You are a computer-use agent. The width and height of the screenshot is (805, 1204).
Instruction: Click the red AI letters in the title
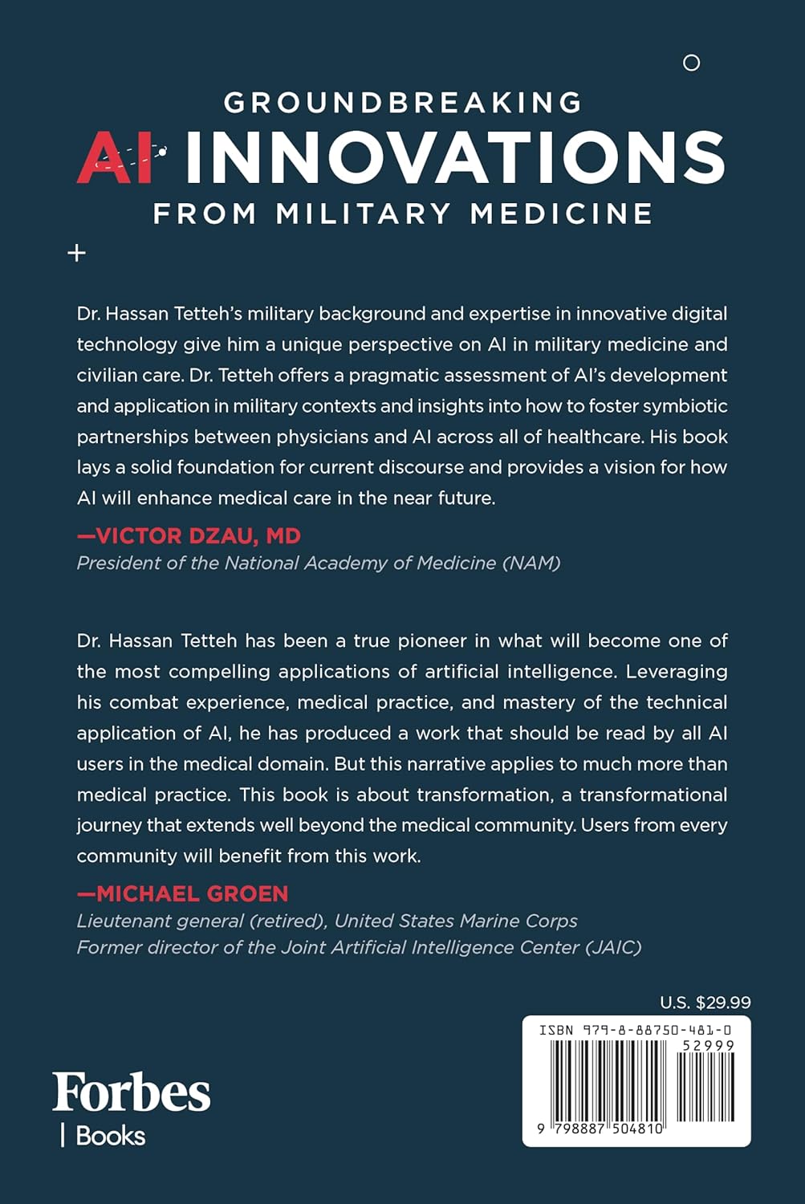117,157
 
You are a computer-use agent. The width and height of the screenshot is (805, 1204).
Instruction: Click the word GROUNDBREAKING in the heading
403,103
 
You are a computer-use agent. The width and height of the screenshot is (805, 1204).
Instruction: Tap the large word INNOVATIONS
455,157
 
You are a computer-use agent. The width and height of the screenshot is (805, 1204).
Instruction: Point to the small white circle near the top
691,63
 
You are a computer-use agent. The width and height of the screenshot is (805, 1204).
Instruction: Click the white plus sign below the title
76,254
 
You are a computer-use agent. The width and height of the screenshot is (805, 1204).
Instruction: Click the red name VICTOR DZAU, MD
189,536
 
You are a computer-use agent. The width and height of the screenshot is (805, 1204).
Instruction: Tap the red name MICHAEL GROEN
182,893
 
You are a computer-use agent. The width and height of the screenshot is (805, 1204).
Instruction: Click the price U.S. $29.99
705,1003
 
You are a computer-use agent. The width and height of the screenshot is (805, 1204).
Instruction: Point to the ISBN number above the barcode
634,1030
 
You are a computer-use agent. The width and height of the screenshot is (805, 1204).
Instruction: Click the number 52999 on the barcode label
708,1046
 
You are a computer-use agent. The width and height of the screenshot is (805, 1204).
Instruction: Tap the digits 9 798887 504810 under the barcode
601,1129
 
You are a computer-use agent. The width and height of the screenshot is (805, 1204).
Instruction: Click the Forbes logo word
132,1092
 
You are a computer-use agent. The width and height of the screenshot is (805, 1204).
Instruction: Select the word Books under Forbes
110,1137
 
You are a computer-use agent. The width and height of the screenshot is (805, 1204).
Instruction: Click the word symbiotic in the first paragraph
681,406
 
